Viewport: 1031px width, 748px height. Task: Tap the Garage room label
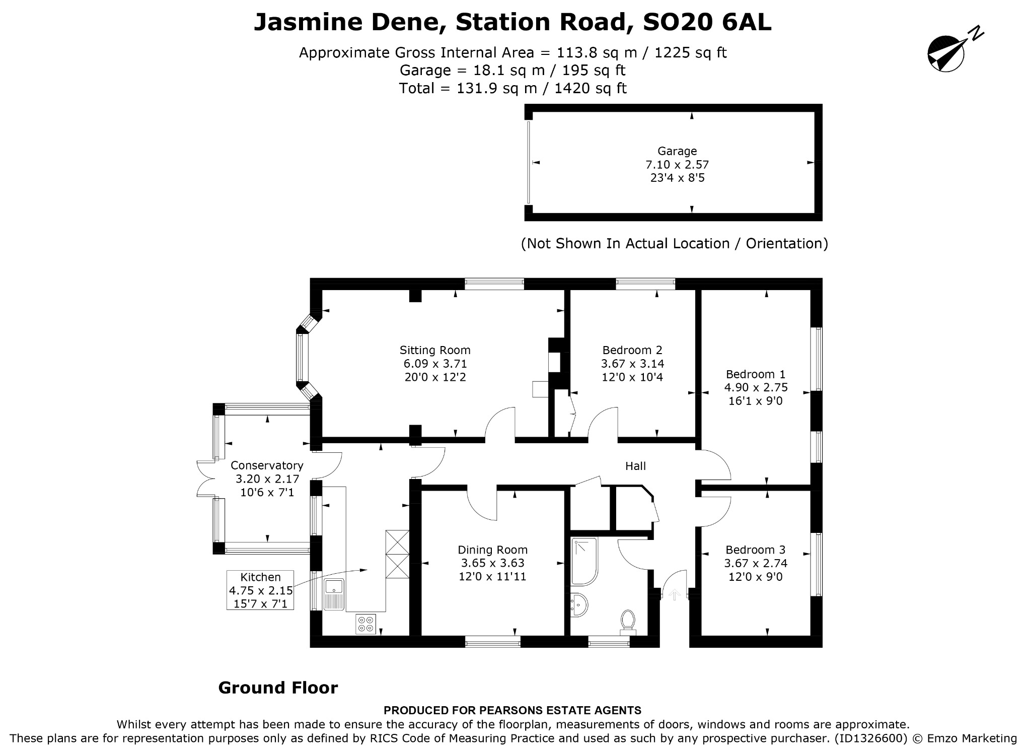click(x=677, y=151)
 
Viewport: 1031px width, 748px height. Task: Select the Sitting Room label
click(x=435, y=350)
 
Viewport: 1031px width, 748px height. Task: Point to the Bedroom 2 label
click(x=632, y=350)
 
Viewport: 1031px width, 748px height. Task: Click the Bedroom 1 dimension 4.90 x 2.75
click(x=756, y=387)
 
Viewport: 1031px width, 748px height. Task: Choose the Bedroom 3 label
click(x=756, y=550)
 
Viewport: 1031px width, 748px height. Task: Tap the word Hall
click(x=635, y=466)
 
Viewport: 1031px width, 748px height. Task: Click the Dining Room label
click(x=492, y=550)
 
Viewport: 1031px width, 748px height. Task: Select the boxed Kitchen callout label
click(x=260, y=590)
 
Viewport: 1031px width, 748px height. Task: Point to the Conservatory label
click(x=267, y=465)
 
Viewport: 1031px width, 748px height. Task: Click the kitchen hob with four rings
click(x=365, y=624)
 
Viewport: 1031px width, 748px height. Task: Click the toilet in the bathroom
click(x=627, y=623)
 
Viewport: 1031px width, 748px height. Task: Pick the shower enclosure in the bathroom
click(x=584, y=561)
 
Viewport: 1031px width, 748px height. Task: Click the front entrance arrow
click(x=674, y=595)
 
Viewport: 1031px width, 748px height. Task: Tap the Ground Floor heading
click(x=278, y=688)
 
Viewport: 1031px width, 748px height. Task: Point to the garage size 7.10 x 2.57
click(x=677, y=164)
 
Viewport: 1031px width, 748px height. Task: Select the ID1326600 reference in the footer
click(x=870, y=738)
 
